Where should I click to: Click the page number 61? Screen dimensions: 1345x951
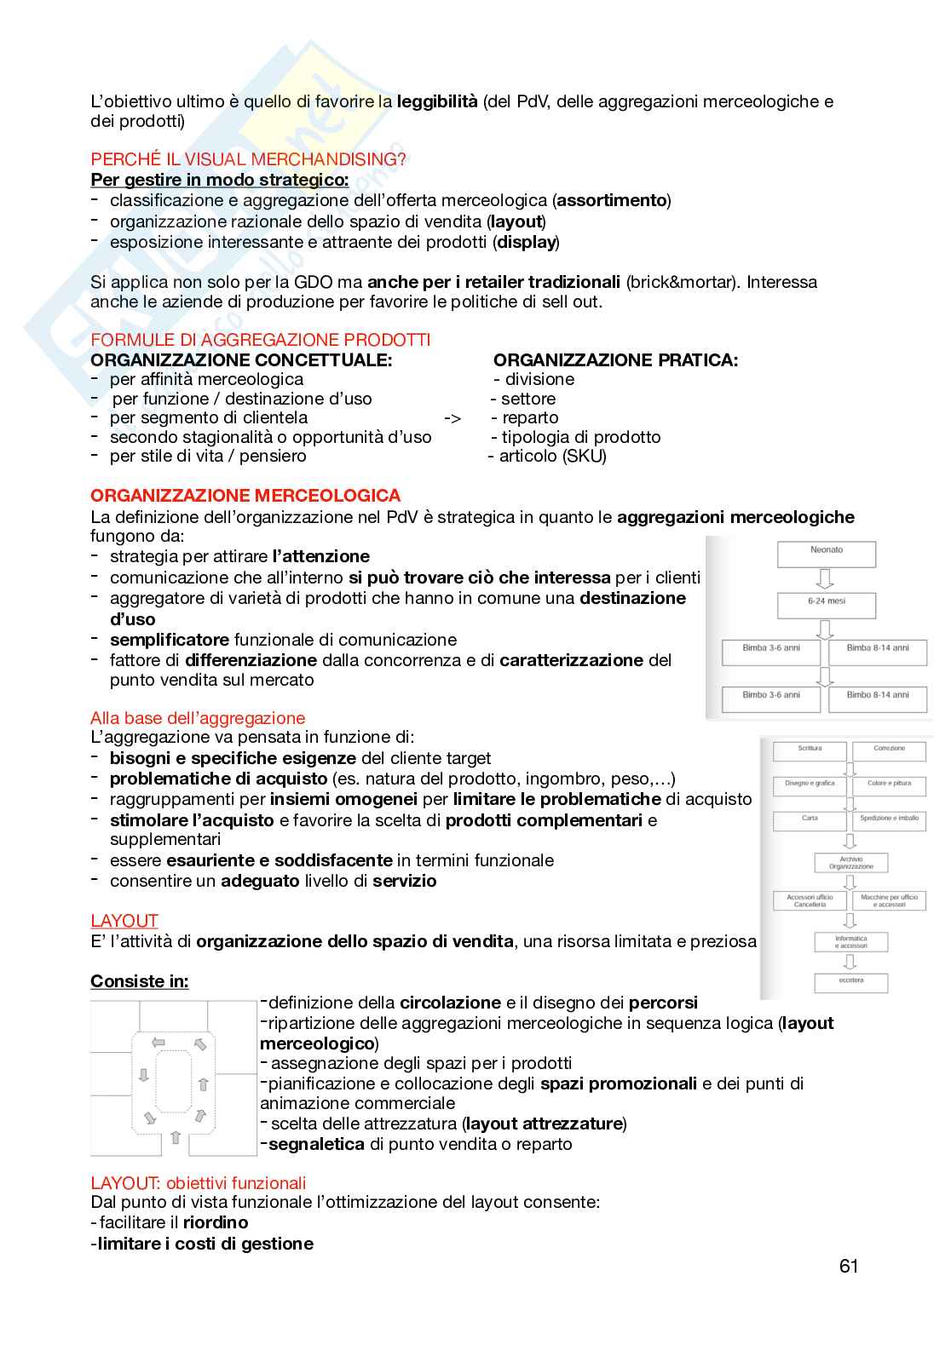(848, 1266)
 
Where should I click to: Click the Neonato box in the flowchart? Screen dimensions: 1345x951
(826, 554)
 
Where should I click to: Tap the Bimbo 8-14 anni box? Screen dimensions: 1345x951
(877, 698)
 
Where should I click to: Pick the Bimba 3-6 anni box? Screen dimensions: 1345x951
(770, 652)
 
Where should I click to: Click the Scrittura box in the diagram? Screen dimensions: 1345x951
(810, 750)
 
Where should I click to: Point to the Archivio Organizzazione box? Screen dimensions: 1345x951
(850, 863)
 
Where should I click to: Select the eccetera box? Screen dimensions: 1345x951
(850, 981)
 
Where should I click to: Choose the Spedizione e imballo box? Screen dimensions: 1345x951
(888, 820)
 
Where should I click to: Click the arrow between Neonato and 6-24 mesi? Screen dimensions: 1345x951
(825, 579)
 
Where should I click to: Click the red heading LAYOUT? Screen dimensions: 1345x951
(124, 921)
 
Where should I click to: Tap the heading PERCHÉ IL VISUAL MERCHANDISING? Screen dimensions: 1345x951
(248, 159)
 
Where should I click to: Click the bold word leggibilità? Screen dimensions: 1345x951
(437, 101)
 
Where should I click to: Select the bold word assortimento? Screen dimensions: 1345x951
(611, 200)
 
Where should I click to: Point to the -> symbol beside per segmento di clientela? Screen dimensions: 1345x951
(452, 418)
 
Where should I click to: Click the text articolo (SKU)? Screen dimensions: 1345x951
(552, 456)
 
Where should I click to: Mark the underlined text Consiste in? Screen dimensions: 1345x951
(140, 981)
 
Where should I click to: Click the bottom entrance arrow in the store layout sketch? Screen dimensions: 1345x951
(175, 1137)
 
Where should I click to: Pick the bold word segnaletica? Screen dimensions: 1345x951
(316, 1144)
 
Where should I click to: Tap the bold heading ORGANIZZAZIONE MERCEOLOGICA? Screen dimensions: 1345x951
(245, 496)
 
